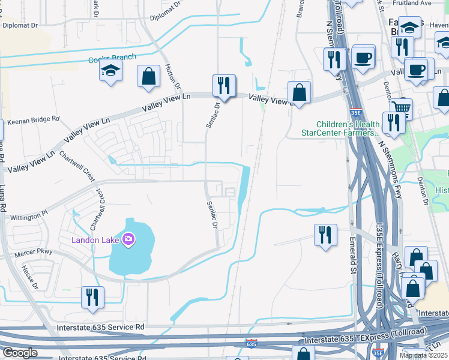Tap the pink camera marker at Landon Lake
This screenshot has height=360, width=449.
click(128, 240)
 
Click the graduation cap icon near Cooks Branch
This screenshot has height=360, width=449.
click(112, 71)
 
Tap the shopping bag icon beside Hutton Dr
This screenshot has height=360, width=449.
click(148, 76)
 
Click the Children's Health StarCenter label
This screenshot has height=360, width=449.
click(340, 128)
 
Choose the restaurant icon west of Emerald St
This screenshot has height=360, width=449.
click(325, 235)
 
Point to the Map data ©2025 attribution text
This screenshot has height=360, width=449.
click(423, 355)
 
